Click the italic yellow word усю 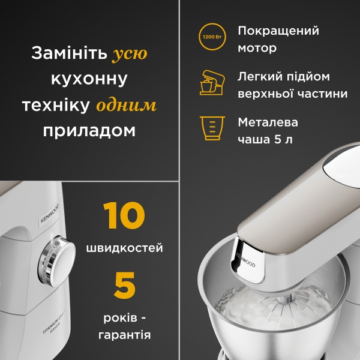(130, 54)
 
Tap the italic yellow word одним (127, 105)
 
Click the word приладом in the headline (89, 130)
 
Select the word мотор (257, 48)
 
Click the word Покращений (278, 31)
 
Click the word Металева (268, 122)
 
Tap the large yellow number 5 (125, 286)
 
